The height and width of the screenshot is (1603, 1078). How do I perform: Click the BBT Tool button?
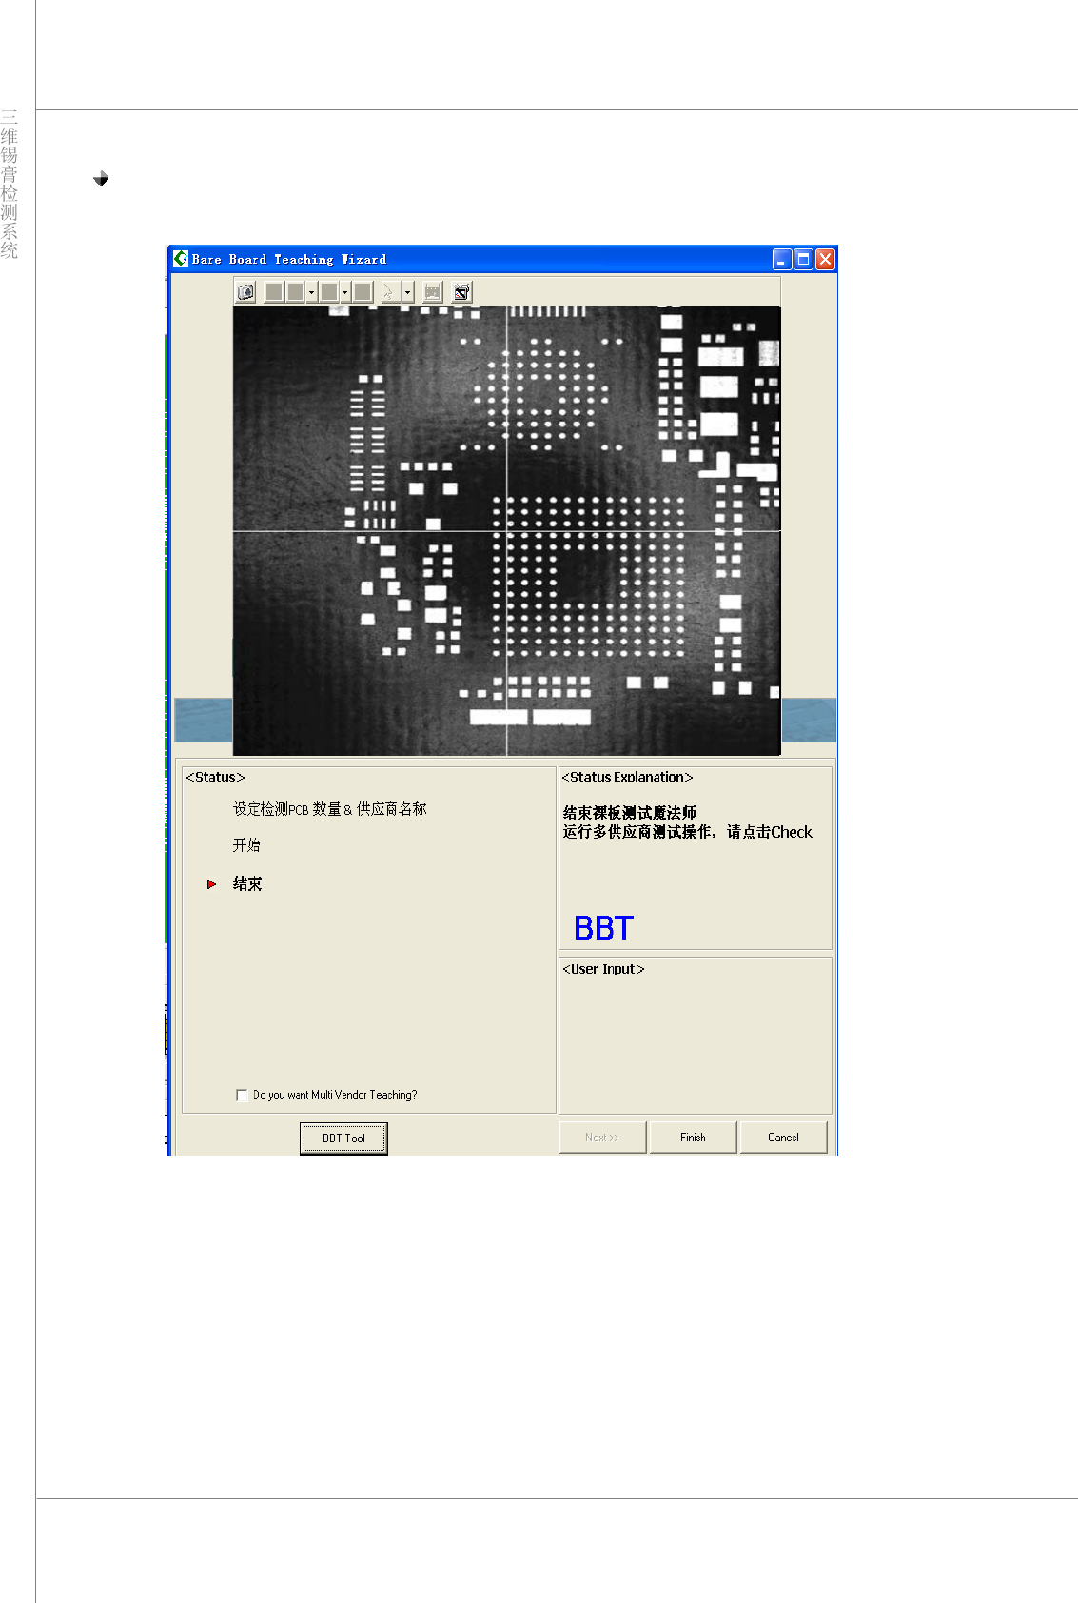[x=343, y=1138]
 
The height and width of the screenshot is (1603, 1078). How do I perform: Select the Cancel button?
[x=783, y=1138]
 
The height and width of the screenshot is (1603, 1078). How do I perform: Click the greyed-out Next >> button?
[x=602, y=1138]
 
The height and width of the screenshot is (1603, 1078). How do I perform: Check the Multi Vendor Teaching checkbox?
[x=242, y=1096]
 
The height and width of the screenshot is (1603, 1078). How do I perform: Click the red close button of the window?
[x=825, y=259]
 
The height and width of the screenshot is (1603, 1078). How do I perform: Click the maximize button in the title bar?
[x=804, y=259]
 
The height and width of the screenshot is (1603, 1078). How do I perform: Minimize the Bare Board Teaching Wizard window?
[x=782, y=259]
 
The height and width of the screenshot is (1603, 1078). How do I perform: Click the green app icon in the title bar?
[x=181, y=258]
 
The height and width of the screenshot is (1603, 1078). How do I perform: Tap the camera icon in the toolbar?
[x=246, y=292]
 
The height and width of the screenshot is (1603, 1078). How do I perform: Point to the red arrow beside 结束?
[x=211, y=884]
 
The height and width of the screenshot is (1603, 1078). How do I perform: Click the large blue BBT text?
[x=603, y=928]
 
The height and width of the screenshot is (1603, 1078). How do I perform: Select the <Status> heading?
[x=215, y=778]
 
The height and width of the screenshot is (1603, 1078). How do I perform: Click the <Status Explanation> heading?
[x=627, y=778]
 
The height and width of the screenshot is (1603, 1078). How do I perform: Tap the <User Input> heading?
[x=603, y=969]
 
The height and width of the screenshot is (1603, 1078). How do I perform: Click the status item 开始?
[x=246, y=845]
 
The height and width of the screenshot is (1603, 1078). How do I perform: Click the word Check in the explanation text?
[x=792, y=832]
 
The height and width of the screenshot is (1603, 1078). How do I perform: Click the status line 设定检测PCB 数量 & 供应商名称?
[x=330, y=809]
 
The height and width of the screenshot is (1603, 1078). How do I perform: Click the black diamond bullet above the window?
[x=101, y=178]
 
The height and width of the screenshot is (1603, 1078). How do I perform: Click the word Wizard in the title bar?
[x=364, y=259]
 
